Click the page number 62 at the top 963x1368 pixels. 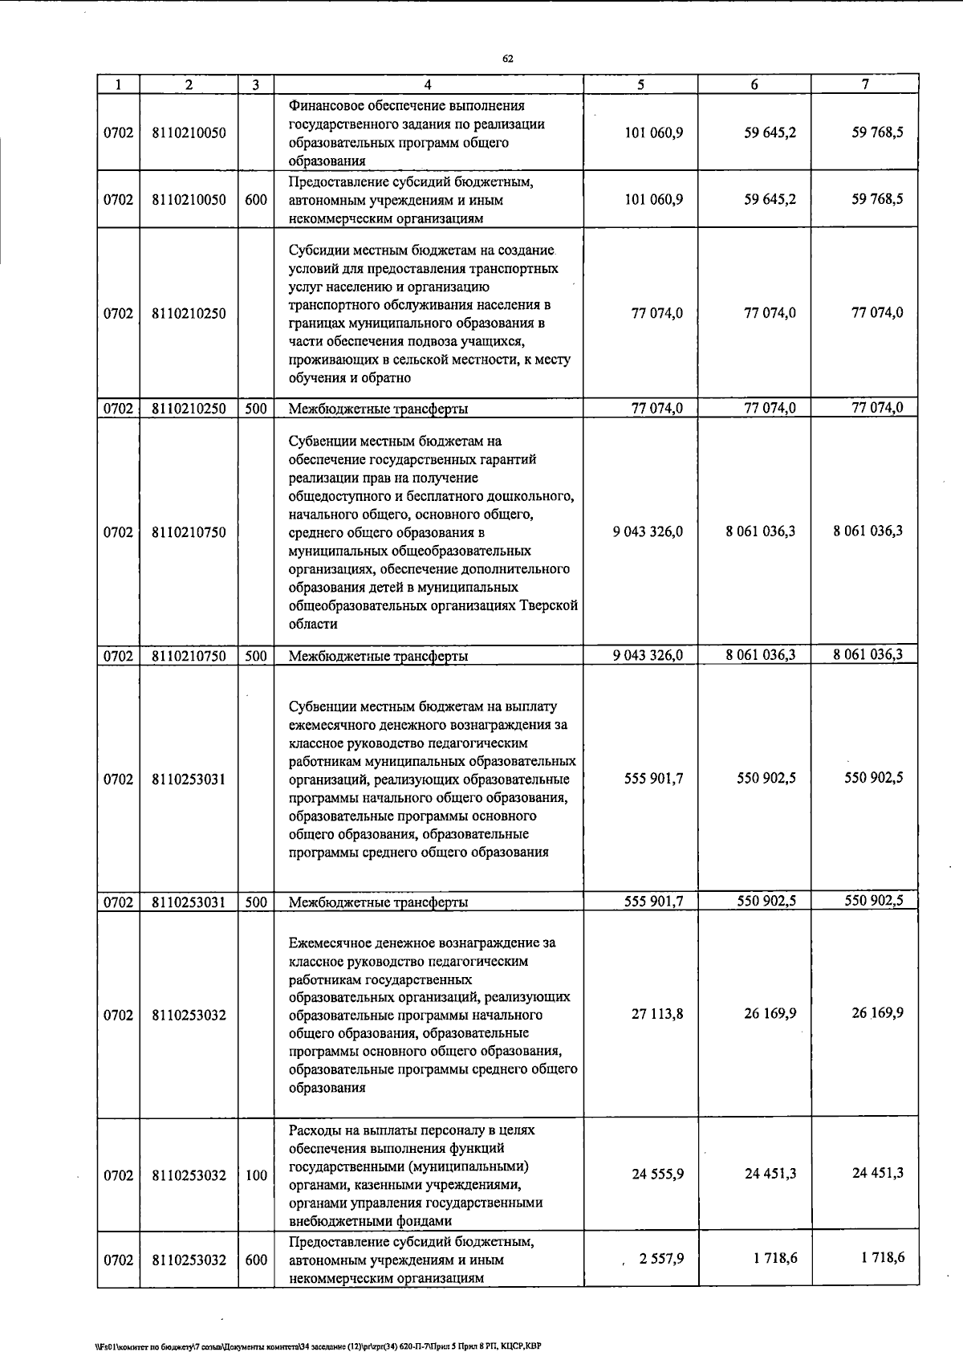pos(507,59)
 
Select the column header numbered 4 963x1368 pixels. pos(428,84)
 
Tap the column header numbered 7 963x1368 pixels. pos(865,84)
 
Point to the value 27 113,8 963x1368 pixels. pos(657,1014)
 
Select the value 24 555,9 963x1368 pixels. pos(657,1174)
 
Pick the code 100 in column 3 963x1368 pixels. pos(256,1175)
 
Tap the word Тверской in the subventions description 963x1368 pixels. pos(551,606)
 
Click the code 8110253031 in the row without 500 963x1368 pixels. pos(189,779)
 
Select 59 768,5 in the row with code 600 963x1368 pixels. pos(877,199)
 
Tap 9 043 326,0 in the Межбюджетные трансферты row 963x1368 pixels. pos(648,655)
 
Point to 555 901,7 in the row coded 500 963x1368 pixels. pos(654,901)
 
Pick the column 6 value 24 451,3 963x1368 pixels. pos(770,1174)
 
